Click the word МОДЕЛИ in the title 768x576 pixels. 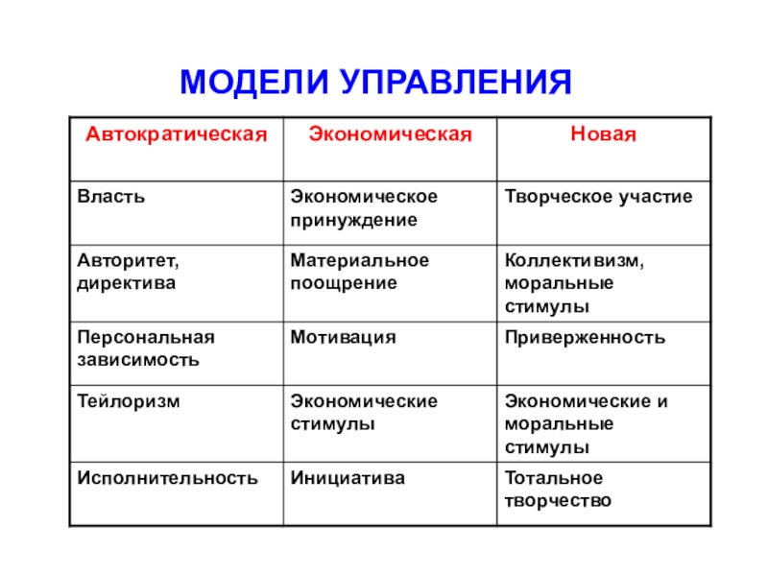pos(254,83)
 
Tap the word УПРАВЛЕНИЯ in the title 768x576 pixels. pos(455,82)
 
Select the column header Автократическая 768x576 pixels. pos(177,134)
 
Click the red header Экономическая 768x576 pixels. pos(390,134)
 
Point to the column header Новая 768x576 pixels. pos(604,134)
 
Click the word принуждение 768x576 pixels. pos(353,221)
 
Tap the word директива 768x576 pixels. pos(127,283)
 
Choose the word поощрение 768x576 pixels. pos(344,283)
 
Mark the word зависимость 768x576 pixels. pos(138,360)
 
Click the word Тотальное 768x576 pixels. pos(554,477)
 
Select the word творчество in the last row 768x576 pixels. pos(558,501)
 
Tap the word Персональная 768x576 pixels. pos(146,338)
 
